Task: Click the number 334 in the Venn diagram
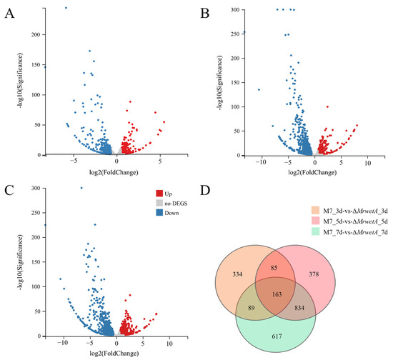tap(239, 254)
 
